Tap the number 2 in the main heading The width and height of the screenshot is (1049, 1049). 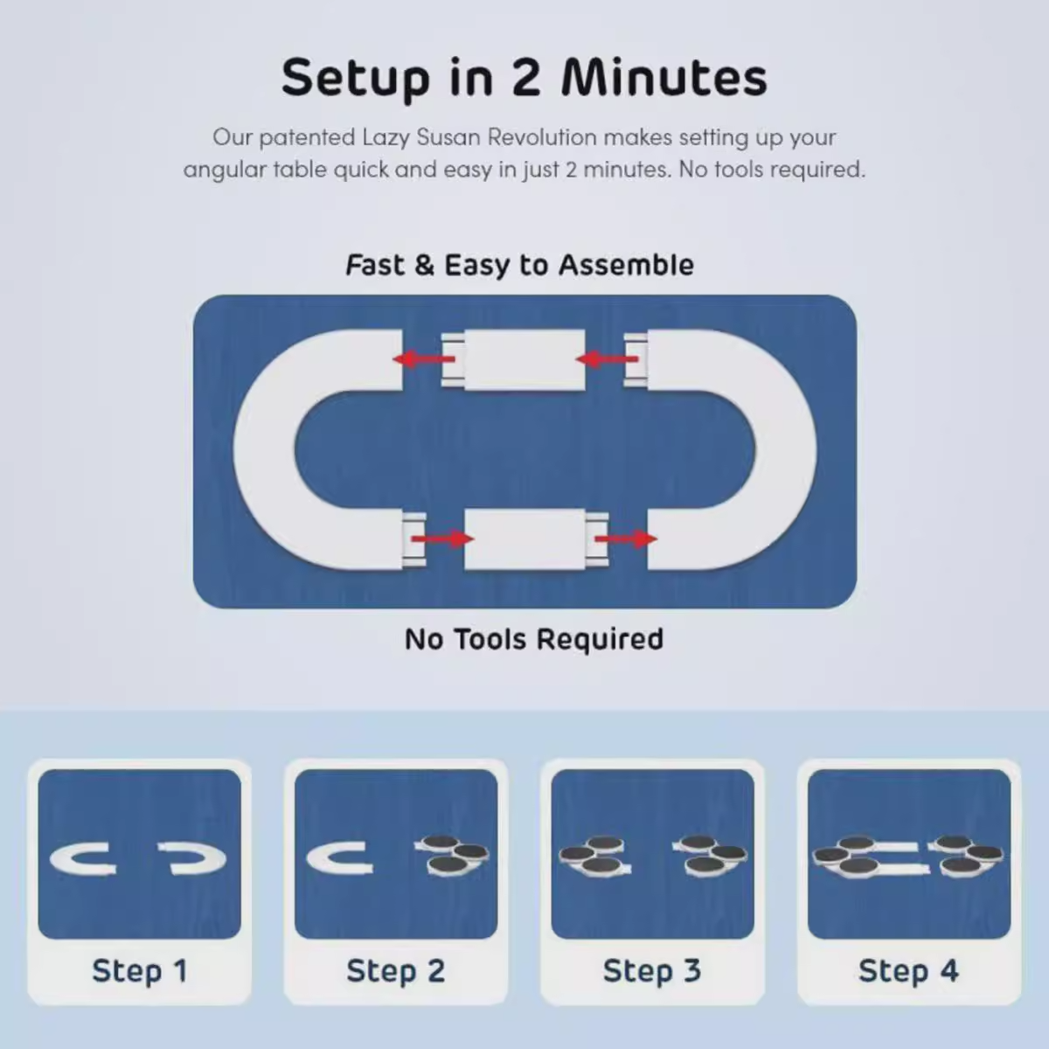526,77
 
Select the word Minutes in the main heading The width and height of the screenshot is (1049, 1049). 664,77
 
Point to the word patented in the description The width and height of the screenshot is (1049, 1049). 307,138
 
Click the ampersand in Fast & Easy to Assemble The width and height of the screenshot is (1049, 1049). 425,266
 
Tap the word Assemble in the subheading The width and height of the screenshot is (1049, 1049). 627,265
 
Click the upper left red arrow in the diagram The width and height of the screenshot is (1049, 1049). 424,359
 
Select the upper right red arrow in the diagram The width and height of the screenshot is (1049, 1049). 607,359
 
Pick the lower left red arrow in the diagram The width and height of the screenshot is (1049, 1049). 442,539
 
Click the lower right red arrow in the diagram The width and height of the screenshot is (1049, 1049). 626,539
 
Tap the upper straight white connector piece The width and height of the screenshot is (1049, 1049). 513,360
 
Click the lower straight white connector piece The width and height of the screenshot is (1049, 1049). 536,539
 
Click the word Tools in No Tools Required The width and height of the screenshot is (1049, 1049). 493,639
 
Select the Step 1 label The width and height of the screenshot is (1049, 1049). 140,972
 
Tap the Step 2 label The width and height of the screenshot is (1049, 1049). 396,972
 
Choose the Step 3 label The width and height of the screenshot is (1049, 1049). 652,972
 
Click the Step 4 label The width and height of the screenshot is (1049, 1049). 908,972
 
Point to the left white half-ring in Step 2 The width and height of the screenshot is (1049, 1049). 316,859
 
